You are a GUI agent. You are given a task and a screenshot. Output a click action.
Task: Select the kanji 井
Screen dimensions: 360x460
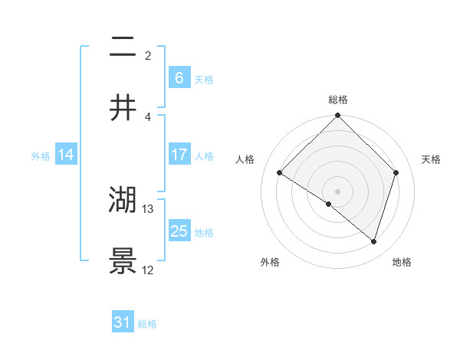(123, 108)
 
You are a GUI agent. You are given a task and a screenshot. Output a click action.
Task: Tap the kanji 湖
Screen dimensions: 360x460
(123, 201)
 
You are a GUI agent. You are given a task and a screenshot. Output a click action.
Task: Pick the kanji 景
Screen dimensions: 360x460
(123, 260)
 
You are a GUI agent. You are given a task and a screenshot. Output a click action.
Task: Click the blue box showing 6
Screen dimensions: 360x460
(179, 78)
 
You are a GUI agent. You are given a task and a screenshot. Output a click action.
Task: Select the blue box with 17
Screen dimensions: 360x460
(179, 155)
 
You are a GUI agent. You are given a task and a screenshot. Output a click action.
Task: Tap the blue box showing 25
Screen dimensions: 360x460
(179, 231)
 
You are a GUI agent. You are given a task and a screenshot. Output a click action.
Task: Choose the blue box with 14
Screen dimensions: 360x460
(66, 155)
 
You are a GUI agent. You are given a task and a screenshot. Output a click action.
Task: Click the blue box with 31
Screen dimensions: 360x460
(122, 323)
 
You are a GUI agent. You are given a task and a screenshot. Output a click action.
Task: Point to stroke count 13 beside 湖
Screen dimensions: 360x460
(149, 208)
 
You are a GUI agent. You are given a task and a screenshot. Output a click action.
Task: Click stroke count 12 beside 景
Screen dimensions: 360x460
(149, 270)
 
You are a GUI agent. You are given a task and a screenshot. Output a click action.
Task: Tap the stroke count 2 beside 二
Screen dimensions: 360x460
(148, 56)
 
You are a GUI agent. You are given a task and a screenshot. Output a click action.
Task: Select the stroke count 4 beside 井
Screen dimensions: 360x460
(148, 116)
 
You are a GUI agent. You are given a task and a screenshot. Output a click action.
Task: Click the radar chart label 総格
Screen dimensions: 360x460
(337, 100)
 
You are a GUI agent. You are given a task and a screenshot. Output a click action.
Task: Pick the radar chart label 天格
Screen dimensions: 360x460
(432, 159)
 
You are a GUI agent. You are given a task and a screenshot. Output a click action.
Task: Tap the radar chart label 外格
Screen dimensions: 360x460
(270, 262)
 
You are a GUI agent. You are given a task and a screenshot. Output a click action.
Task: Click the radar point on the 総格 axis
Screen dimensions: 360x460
(337, 116)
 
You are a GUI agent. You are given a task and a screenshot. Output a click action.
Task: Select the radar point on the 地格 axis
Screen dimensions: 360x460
(373, 242)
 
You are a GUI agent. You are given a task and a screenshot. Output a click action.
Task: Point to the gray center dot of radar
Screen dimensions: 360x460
(337, 191)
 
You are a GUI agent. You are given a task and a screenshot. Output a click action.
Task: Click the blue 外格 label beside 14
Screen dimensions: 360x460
(41, 155)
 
